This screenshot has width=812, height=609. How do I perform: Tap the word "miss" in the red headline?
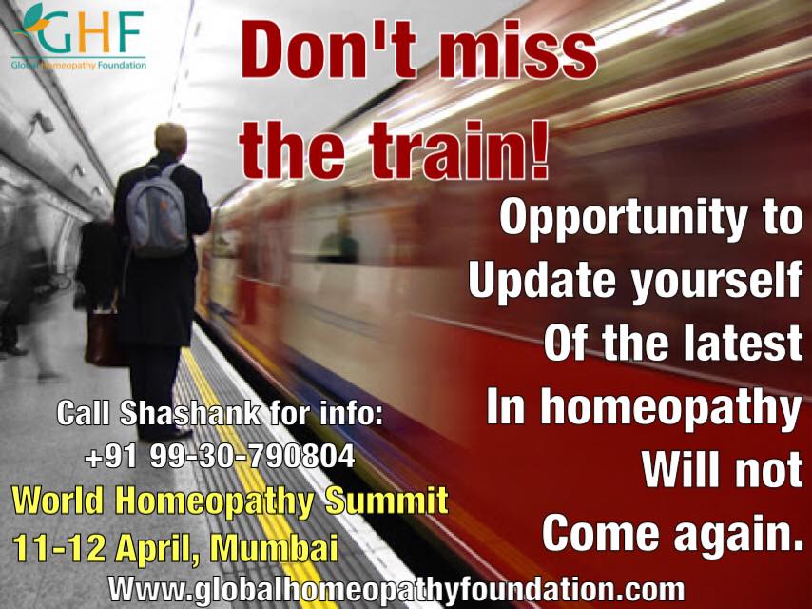pyautogui.click(x=518, y=51)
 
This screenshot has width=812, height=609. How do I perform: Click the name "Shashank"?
pyautogui.click(x=190, y=413)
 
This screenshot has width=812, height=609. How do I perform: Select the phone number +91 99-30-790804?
pyautogui.click(x=220, y=457)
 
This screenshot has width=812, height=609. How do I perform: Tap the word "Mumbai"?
pyautogui.click(x=274, y=548)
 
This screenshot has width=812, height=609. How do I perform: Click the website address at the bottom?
pyautogui.click(x=396, y=590)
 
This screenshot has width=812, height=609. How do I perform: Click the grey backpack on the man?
pyautogui.click(x=157, y=210)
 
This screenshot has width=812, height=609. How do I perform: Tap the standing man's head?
pyautogui.click(x=171, y=139)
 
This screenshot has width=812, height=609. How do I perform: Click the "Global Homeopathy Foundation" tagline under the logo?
pyautogui.click(x=79, y=65)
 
